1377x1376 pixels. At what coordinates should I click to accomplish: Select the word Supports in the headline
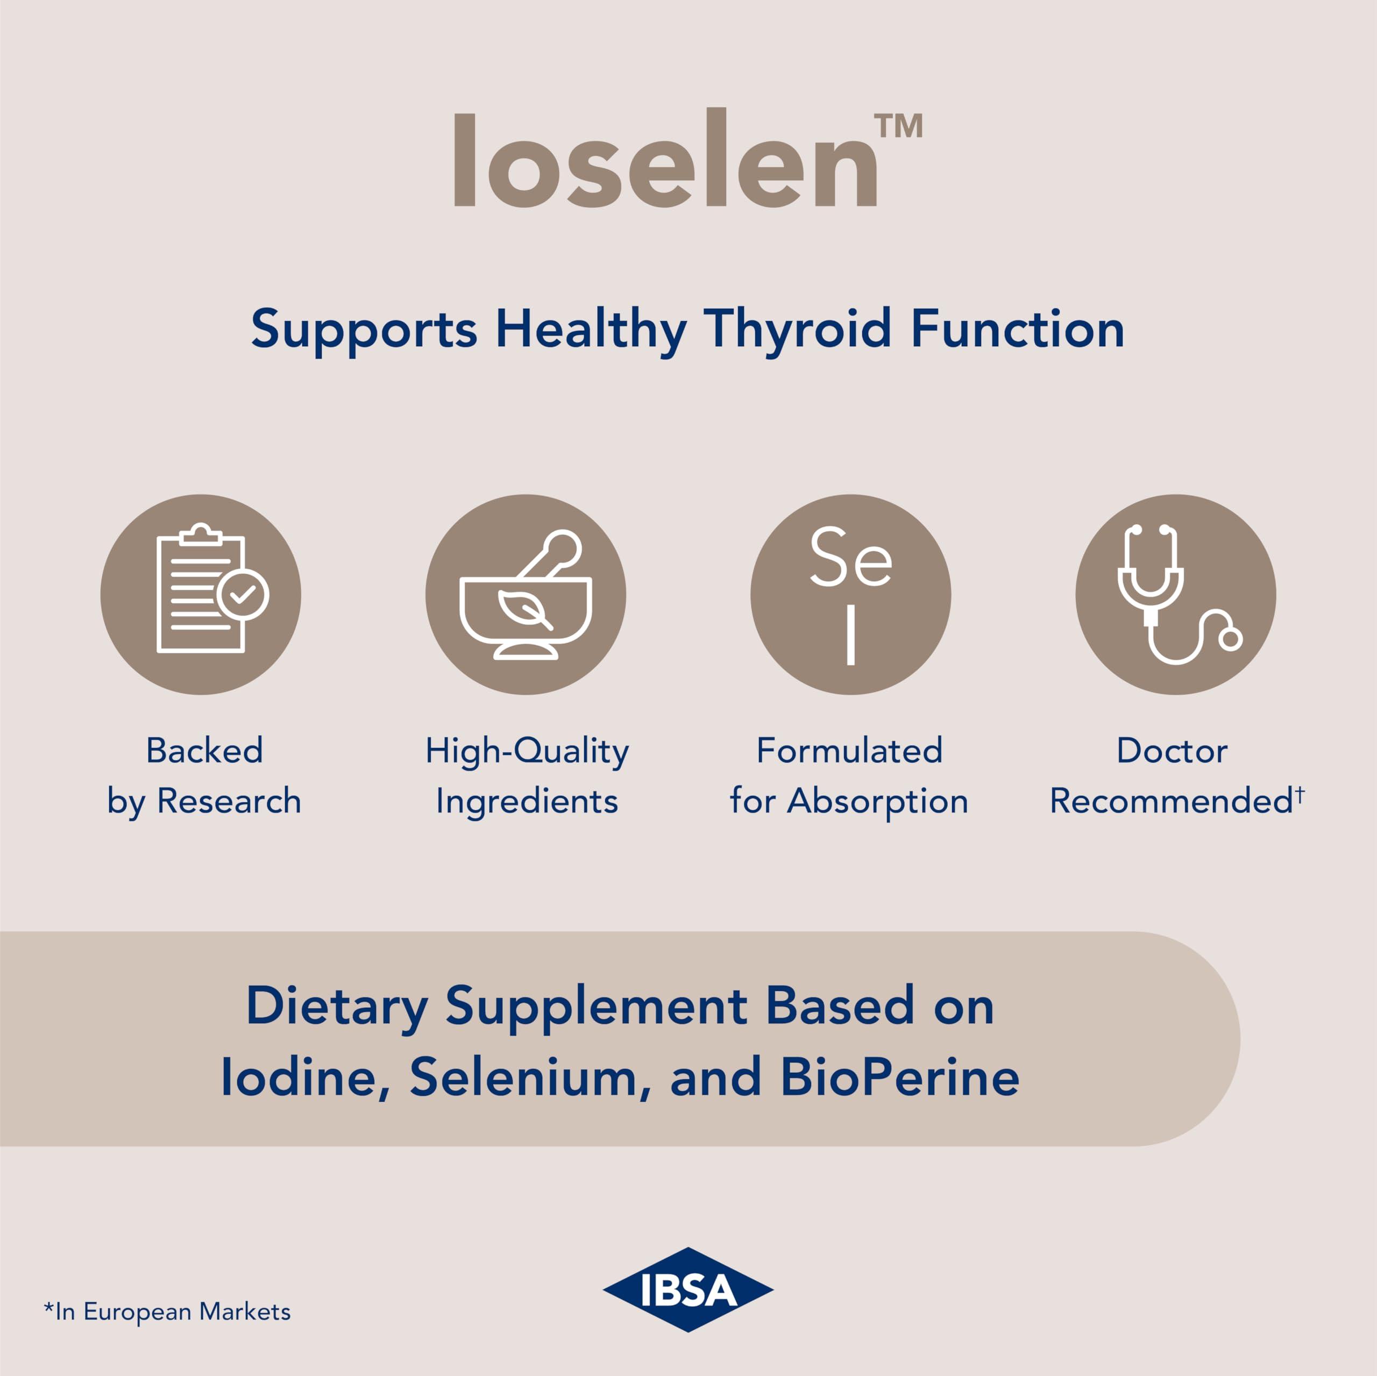pos(364,329)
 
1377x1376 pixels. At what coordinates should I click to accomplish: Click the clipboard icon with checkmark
pos(201,593)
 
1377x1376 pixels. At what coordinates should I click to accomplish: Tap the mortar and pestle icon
pos(526,594)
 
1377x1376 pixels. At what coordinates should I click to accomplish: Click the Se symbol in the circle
pos(850,557)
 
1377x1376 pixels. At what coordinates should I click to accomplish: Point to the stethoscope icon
pos(1175,594)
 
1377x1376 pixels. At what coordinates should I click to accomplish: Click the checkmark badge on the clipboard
pos(243,594)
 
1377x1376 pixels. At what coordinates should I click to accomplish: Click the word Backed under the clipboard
pos(204,750)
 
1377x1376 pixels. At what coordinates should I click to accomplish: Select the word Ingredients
pos(527,801)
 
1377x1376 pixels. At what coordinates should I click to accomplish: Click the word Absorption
pos(877,801)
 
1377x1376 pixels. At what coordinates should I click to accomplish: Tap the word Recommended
pos(1171,801)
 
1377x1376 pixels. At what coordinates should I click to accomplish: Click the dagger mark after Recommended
pos(1300,793)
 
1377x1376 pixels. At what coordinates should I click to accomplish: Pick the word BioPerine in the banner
pos(899,1076)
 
